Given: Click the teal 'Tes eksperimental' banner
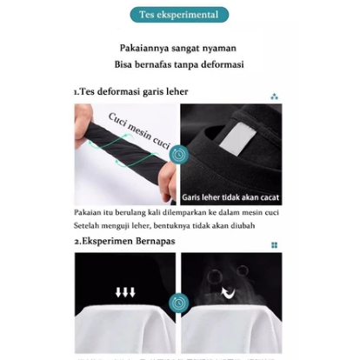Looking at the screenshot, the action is coord(179,15).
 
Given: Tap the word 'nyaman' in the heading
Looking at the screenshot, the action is coord(219,49).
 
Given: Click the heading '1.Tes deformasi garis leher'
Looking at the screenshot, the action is coord(131,91).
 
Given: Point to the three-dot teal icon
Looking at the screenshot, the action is coord(274,97).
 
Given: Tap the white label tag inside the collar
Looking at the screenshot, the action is coord(237,138).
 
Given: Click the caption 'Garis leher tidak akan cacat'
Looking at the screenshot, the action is coord(230,197).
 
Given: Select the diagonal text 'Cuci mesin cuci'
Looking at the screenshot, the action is coord(139,130).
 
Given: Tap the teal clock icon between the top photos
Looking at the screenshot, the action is coord(179,154).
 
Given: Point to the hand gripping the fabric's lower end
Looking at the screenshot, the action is coord(168,181).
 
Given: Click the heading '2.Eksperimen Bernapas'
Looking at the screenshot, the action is coord(125,241).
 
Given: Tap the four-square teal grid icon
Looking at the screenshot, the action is coord(274,245).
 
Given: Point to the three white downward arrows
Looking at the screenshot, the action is coord(125,292).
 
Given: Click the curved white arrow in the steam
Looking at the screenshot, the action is coord(229,293).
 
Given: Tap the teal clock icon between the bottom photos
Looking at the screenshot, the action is coord(179,303).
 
